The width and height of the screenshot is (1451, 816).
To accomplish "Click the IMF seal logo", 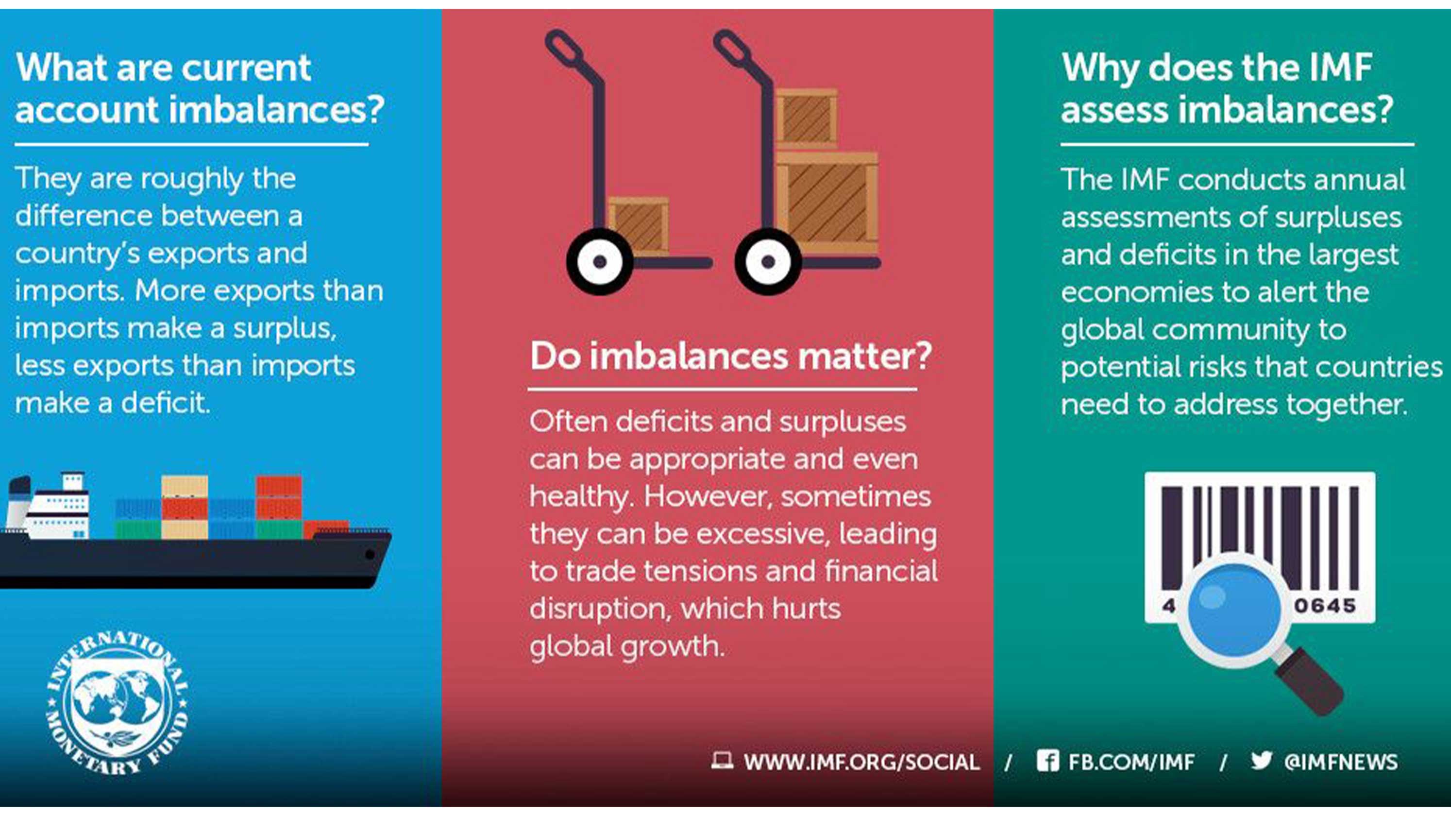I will click(x=117, y=703).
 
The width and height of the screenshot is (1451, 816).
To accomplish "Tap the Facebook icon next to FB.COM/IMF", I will click(x=1047, y=761).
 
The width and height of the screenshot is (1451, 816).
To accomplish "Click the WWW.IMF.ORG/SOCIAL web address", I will click(x=861, y=762).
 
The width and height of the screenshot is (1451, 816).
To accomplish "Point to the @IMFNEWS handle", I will click(x=1341, y=762).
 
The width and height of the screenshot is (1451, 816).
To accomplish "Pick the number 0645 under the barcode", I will click(x=1324, y=606).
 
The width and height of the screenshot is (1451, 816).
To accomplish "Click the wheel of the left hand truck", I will click(x=599, y=261).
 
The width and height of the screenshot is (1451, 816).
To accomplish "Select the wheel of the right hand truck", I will click(x=768, y=261).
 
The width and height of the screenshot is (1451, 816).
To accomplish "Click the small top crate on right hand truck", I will click(x=807, y=117).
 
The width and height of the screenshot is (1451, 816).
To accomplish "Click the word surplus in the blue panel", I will click(x=285, y=328).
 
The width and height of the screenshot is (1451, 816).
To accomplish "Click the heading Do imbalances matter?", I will click(x=730, y=356).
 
